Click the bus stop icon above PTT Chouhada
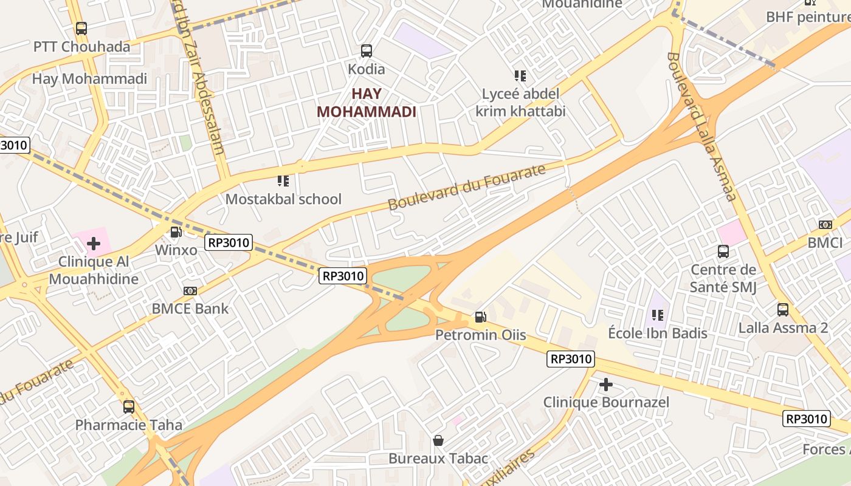pyautogui.click(x=81, y=28)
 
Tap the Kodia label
pyautogui.click(x=366, y=69)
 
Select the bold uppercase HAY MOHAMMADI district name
pyautogui.click(x=367, y=103)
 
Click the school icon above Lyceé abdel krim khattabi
pyautogui.click(x=520, y=76)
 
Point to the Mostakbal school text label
pyautogui.click(x=283, y=199)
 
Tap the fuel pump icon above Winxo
pyautogui.click(x=176, y=231)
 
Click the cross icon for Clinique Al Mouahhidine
pyautogui.click(x=93, y=244)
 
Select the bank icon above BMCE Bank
pyautogui.click(x=190, y=291)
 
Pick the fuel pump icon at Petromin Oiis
pyautogui.click(x=480, y=317)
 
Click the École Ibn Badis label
pyautogui.click(x=658, y=333)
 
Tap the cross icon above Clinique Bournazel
pyautogui.click(x=605, y=385)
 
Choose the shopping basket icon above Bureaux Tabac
pyautogui.click(x=438, y=440)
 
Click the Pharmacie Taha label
pyautogui.click(x=128, y=425)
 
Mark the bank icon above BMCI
pyautogui.click(x=825, y=225)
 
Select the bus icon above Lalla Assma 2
pyautogui.click(x=783, y=310)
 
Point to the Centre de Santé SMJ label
pyautogui.click(x=723, y=278)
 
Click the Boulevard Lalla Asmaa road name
pyautogui.click(x=701, y=126)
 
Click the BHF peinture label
pyautogui.click(x=808, y=16)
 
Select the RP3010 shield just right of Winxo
pyautogui.click(x=229, y=243)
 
